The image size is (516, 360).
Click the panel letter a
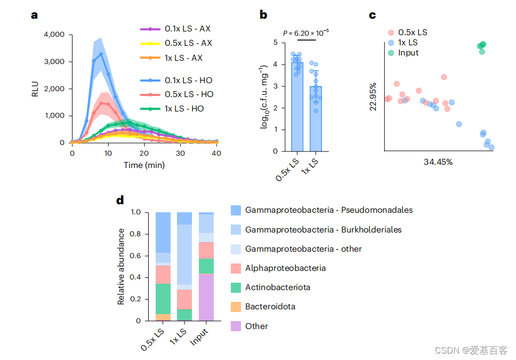pos(34,15)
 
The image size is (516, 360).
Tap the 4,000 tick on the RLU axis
pos(53,35)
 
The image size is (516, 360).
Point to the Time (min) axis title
pos(144,165)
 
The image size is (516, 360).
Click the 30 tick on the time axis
pos(181,153)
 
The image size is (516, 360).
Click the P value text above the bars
pos(305,33)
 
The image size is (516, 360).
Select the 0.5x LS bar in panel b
pos(297,107)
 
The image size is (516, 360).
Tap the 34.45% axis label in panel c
pos(438,162)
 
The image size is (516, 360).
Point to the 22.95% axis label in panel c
pos(373,97)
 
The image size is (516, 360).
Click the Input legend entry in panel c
pos(408,53)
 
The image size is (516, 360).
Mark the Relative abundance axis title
pos(121,266)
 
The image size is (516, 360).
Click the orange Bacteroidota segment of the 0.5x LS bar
pos(163,317)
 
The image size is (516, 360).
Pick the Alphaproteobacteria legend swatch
pos(236,268)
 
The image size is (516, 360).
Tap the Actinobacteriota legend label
pos(278,287)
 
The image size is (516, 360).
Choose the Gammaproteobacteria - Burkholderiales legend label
pos(323,229)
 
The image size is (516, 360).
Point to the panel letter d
pos(120,201)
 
